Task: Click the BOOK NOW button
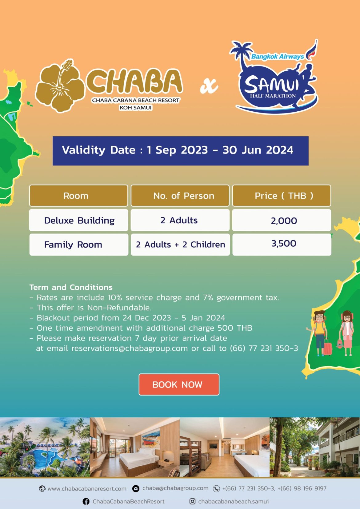(x=179, y=384)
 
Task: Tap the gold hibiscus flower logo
(x=60, y=86)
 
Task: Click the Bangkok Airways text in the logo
(x=278, y=56)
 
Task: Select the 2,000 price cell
(x=282, y=220)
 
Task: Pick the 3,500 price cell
(x=282, y=245)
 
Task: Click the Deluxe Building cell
(x=79, y=220)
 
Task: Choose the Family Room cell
(x=79, y=245)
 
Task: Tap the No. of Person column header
(x=180, y=196)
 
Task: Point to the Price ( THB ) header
(x=282, y=196)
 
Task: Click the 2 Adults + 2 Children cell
(x=180, y=245)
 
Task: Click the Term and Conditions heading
(x=71, y=287)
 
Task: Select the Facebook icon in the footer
(x=86, y=501)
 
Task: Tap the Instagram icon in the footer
(x=193, y=501)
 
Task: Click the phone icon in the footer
(x=216, y=489)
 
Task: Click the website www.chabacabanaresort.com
(x=87, y=489)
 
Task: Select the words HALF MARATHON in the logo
(x=273, y=96)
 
